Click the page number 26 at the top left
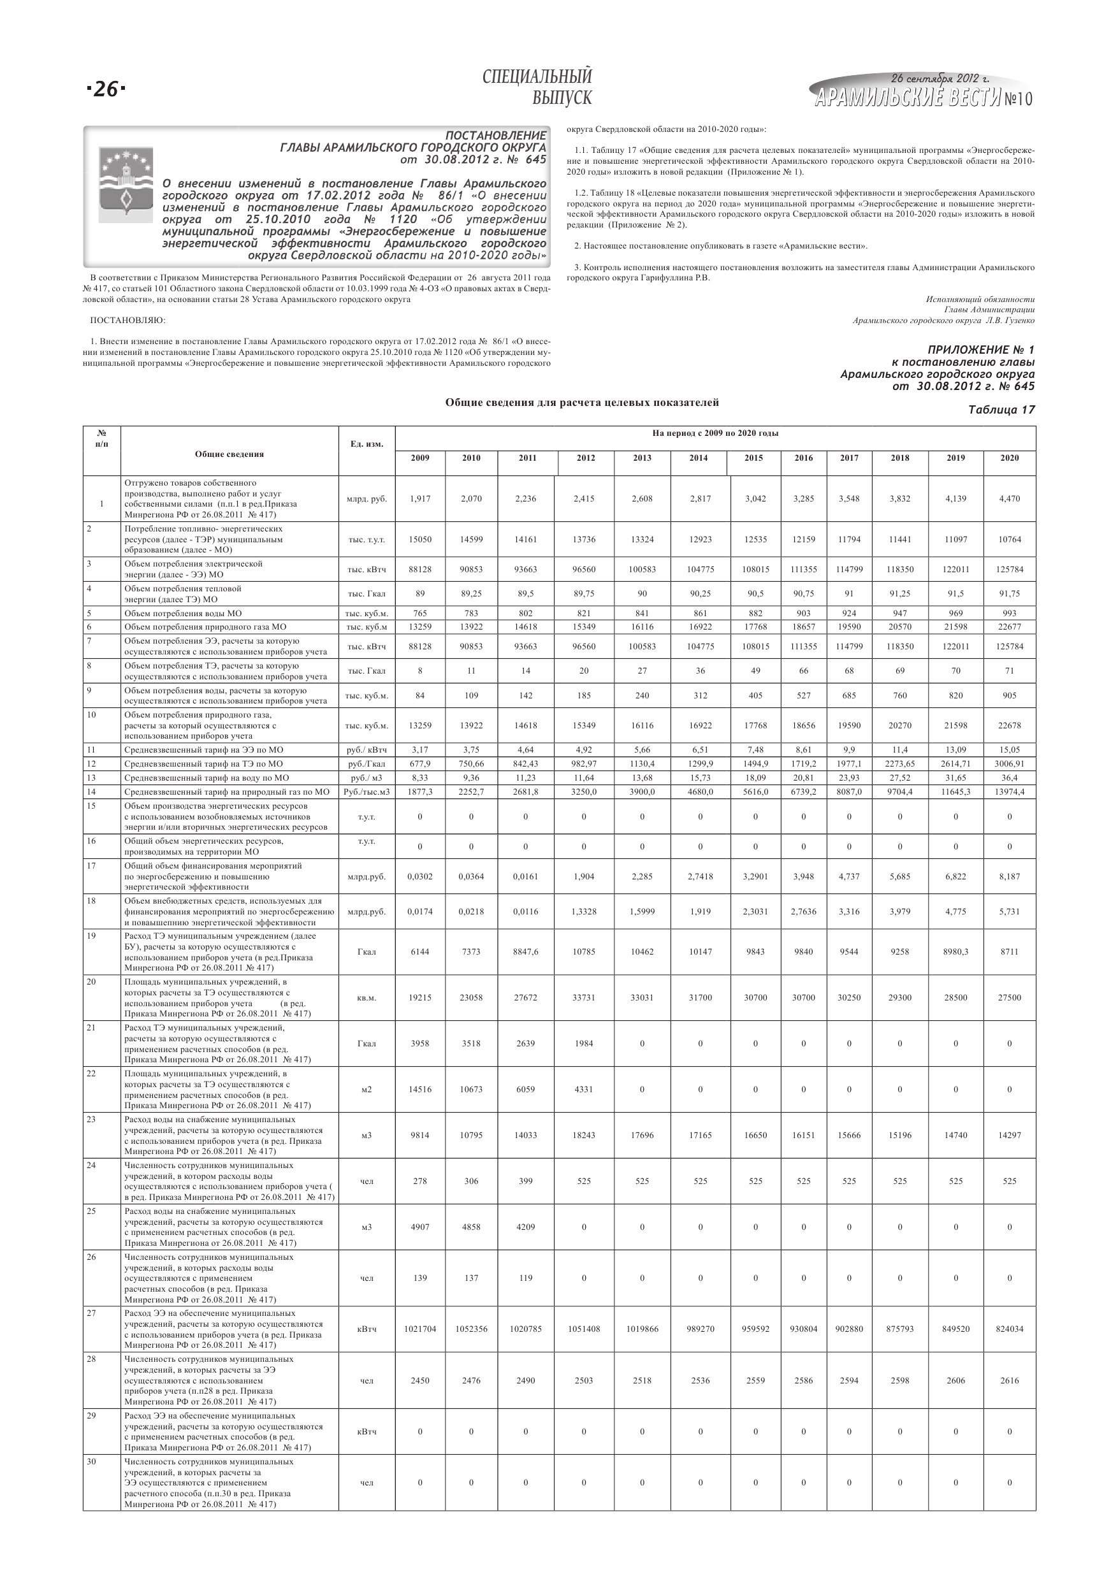pyautogui.click(x=106, y=89)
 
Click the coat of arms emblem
pyautogui.click(x=126, y=185)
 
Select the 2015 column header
pyautogui.click(x=754, y=458)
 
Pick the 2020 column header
pyautogui.click(x=1009, y=458)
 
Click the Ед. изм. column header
pyautogui.click(x=367, y=444)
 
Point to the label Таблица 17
pyautogui.click(x=1001, y=410)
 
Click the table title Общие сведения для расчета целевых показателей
pyautogui.click(x=581, y=402)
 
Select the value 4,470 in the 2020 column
pyautogui.click(x=1009, y=498)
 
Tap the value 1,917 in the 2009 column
pyautogui.click(x=419, y=498)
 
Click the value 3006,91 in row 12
pyautogui.click(x=1009, y=763)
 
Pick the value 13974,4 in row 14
pyautogui.click(x=1009, y=792)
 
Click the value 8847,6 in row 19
pyautogui.click(x=526, y=951)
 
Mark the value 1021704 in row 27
pyautogui.click(x=419, y=1329)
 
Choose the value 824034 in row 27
pyautogui.click(x=1009, y=1329)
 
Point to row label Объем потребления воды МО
pyautogui.click(x=182, y=613)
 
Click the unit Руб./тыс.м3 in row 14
pyautogui.click(x=367, y=792)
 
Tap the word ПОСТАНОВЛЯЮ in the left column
pyautogui.click(x=127, y=320)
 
